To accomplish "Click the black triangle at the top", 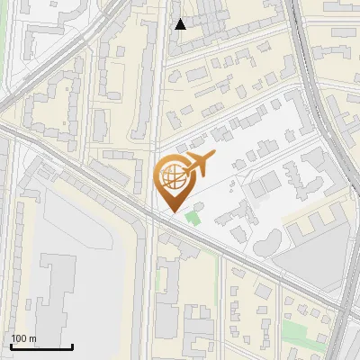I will point(181,24).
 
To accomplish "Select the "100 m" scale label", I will point(23,339).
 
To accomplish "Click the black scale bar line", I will point(41,346).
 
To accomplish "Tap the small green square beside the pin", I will point(192,217).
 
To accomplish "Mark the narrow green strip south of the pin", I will point(159,274).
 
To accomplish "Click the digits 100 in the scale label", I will point(19,339).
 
